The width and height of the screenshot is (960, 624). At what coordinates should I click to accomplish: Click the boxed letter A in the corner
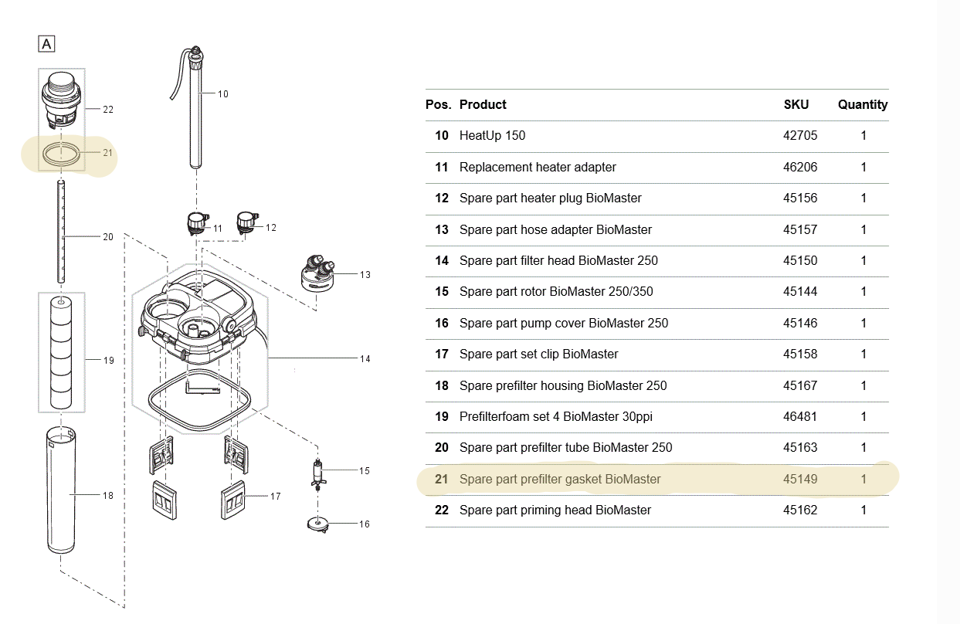coord(46,44)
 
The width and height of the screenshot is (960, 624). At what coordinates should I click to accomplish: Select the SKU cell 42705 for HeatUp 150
coord(799,136)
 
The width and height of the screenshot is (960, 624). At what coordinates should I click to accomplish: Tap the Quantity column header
coord(863,104)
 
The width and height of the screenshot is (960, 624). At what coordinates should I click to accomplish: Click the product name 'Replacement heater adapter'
coord(538,167)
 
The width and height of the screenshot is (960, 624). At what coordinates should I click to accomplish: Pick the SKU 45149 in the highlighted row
coord(799,479)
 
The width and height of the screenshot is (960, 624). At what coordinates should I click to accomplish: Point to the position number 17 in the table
coord(441,354)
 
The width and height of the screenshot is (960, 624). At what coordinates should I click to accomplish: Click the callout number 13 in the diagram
coord(365,274)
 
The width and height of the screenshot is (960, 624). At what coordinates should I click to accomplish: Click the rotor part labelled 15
coord(316,472)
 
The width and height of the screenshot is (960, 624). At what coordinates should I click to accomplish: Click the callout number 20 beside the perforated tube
coord(108,236)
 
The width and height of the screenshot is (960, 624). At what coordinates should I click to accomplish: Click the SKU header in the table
coord(796,104)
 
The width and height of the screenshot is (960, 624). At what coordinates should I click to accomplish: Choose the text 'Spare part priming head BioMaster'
coord(555,510)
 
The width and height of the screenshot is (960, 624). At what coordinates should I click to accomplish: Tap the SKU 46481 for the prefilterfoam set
coord(799,417)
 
